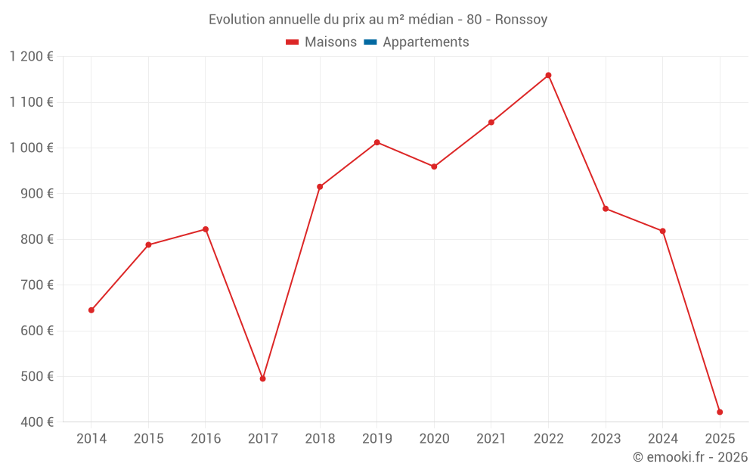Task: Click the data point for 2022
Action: [x=548, y=76]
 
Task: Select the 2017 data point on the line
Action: [x=262, y=378]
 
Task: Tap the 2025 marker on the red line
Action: [x=720, y=412]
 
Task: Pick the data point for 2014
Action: [x=91, y=310]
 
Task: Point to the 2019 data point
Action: [x=376, y=142]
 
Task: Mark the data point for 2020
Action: [x=434, y=166]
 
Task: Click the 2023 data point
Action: [x=606, y=209]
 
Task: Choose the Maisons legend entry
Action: [x=321, y=42]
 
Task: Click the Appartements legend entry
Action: [x=425, y=42]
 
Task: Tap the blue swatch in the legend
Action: [x=370, y=42]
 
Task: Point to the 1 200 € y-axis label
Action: [x=32, y=57]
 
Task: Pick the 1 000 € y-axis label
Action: [x=32, y=148]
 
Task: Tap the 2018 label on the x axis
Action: [x=320, y=439]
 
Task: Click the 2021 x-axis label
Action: [x=491, y=439]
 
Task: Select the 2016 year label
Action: [x=206, y=439]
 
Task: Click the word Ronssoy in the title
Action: [x=521, y=20]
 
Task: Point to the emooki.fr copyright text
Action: [x=689, y=457]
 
